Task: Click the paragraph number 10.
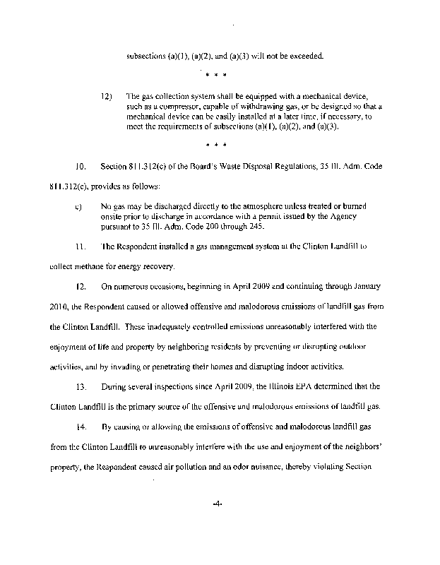point(80,167)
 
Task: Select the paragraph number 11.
point(80,246)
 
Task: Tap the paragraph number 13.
point(80,386)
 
